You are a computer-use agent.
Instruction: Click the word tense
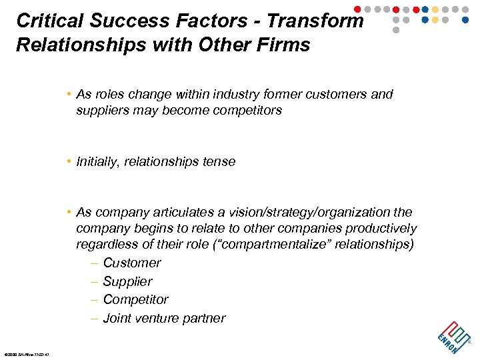click(219, 161)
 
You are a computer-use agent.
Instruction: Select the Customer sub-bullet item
click(131, 263)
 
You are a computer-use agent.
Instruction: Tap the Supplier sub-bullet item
click(127, 281)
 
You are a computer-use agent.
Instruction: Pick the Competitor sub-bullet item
click(135, 299)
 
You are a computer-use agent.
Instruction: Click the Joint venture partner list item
click(164, 318)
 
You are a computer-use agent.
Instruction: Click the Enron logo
click(453, 335)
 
